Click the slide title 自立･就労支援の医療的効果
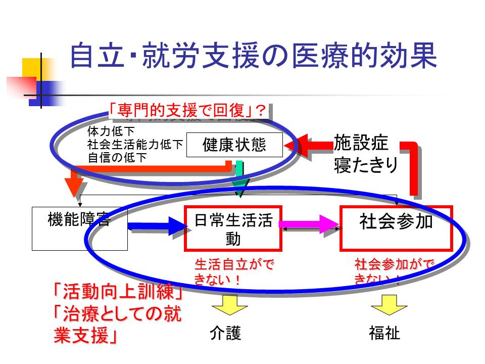coord(252,56)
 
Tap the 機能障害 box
coord(79,228)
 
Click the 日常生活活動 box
coord(233,229)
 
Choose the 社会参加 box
coord(396,228)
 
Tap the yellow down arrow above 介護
coord(229,305)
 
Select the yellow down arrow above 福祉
coord(389,305)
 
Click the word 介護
coord(225,333)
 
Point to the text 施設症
coord(361,144)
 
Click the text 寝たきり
coord(366,165)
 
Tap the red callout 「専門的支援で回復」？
coord(187,110)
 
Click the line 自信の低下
coord(117,157)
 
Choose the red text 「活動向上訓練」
coord(117,292)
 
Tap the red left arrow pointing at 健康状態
coord(308,145)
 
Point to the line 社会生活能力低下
coord(135,145)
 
